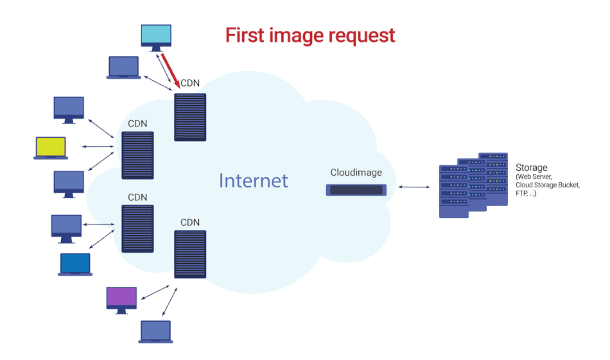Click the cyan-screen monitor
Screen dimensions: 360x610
[x=156, y=37]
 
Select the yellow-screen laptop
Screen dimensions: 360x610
[x=50, y=148]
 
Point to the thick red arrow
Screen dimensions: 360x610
[x=169, y=71]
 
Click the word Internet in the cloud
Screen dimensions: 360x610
[x=253, y=180]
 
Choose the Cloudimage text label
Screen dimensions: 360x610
[x=356, y=173]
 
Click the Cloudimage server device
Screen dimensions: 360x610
[x=356, y=190]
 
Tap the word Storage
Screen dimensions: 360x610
[x=532, y=168]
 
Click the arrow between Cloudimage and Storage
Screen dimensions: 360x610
[x=414, y=187]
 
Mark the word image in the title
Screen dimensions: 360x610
[x=302, y=35]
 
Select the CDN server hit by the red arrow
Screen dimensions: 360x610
[x=190, y=117]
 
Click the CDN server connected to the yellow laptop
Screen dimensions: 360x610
[x=137, y=155]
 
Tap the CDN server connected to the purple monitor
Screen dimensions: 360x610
[x=190, y=253]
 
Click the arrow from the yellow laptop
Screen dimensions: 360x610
[x=97, y=147]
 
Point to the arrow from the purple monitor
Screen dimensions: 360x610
[x=155, y=292]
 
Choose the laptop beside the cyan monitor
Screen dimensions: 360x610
[x=123, y=67]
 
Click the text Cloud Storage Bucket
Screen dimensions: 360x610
[x=547, y=185]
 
